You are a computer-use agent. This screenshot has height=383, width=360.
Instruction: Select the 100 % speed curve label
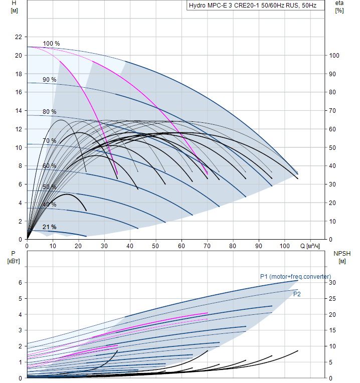tap(51, 44)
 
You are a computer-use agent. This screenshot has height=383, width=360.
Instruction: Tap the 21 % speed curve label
tap(49, 227)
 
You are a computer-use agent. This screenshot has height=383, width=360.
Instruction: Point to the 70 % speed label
tap(49, 141)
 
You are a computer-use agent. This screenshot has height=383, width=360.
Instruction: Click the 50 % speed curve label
tap(49, 187)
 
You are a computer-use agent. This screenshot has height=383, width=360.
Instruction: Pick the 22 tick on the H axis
tap(19, 37)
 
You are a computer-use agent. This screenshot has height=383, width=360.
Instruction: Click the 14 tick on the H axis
tap(19, 111)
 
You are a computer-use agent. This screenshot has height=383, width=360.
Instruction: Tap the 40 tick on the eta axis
tap(333, 166)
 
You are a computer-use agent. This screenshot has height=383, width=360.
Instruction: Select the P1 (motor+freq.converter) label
tap(295, 276)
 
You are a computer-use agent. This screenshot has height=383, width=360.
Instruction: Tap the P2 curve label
tap(297, 294)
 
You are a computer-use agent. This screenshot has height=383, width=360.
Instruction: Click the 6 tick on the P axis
tap(20, 283)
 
